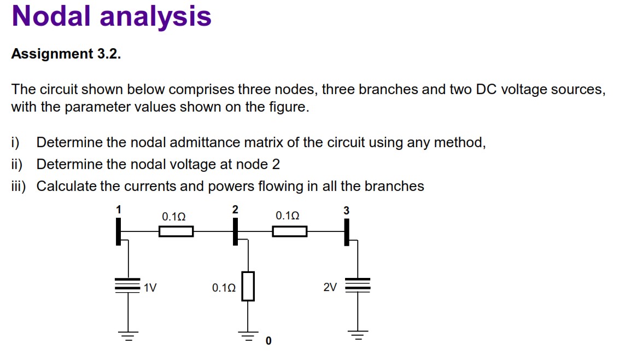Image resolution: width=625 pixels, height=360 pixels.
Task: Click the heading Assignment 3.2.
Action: [x=66, y=54]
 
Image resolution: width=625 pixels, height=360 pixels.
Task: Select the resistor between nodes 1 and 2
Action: [x=176, y=231]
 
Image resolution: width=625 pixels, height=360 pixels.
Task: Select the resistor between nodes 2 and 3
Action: [x=289, y=231]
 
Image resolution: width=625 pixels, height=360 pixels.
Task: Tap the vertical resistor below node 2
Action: [x=248, y=286]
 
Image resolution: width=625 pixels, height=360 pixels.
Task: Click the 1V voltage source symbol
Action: [x=128, y=285]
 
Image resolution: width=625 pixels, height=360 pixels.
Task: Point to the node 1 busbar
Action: [x=118, y=231]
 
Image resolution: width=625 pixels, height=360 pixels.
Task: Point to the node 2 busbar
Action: [x=236, y=231]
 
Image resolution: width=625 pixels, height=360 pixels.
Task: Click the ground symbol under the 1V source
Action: [x=128, y=335]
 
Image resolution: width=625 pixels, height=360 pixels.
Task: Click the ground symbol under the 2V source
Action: [x=358, y=335]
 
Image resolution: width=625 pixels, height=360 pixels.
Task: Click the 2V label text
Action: [x=330, y=287]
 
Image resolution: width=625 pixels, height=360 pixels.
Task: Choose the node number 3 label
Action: [x=346, y=211]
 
